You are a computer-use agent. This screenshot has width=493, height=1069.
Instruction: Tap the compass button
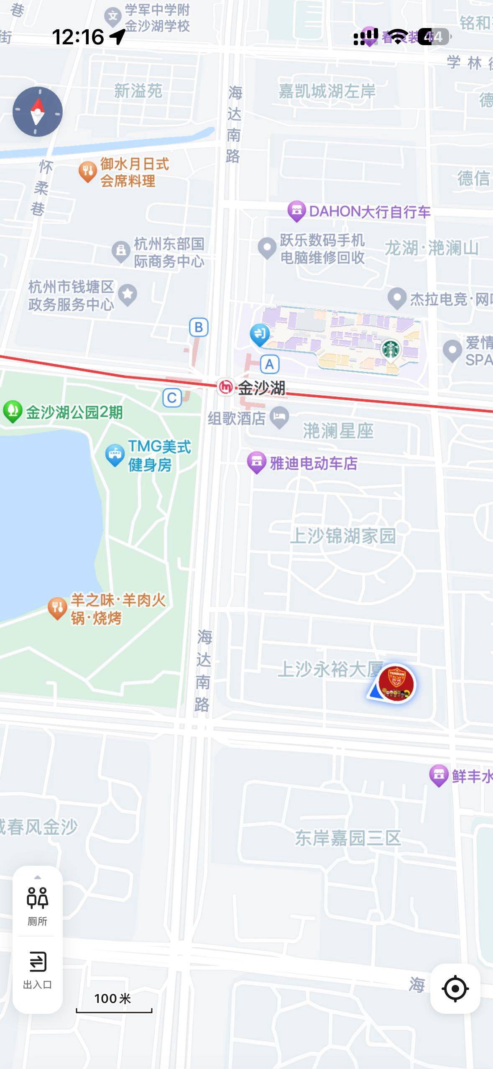38,112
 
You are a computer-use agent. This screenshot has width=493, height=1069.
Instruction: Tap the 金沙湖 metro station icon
226,387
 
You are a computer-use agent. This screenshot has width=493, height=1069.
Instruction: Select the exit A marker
269,364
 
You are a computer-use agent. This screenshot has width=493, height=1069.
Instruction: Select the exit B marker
199,327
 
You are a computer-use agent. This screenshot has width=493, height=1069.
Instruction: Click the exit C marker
172,398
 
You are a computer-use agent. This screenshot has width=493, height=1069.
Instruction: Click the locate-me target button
455,989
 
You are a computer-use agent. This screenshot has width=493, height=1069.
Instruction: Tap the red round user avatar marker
396,684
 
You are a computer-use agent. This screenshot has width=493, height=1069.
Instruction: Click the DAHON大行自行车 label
370,212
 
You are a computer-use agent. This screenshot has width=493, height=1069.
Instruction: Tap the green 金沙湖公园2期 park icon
13,411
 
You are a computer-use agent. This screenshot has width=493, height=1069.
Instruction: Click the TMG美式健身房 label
159,455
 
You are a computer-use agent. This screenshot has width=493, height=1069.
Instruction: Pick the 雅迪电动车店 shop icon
257,463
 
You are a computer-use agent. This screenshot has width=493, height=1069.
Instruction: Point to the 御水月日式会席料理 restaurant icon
87,171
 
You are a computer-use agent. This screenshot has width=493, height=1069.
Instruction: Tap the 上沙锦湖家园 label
343,536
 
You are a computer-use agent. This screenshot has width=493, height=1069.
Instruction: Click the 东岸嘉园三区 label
348,838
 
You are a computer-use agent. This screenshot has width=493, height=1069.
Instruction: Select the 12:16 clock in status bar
78,37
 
